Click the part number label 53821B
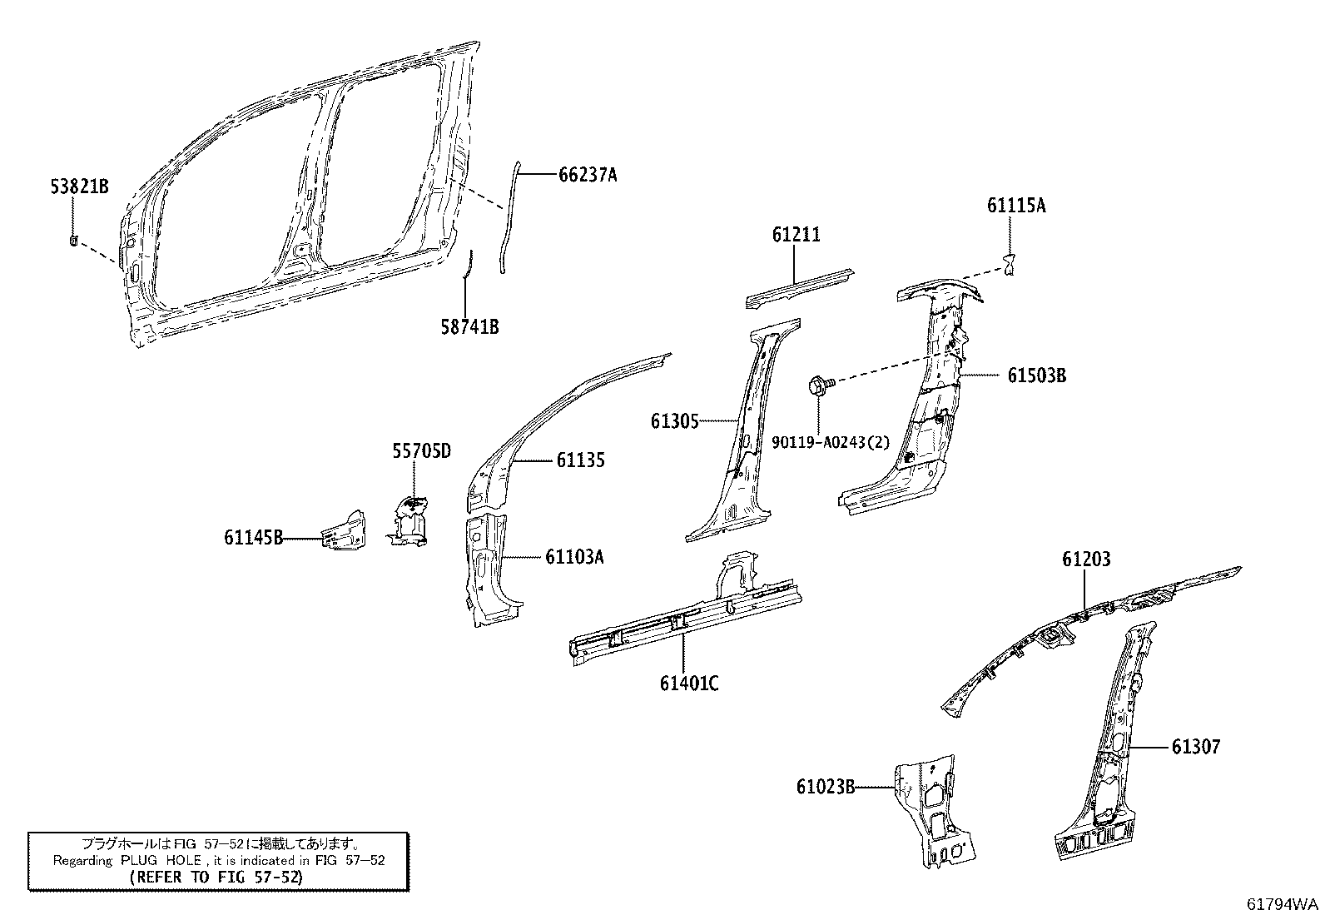[x=79, y=187]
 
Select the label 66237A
[x=587, y=175]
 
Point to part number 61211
[x=795, y=235]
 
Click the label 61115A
[x=1016, y=206]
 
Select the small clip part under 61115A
[x=1010, y=265]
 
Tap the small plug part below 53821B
[x=73, y=241]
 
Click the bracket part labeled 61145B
[x=344, y=531]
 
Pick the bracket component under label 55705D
[x=409, y=520]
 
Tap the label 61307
[x=1195, y=747]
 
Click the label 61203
[x=1085, y=559]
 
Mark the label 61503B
[x=1036, y=375]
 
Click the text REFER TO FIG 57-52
[x=217, y=877]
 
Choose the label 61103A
[x=574, y=556]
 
